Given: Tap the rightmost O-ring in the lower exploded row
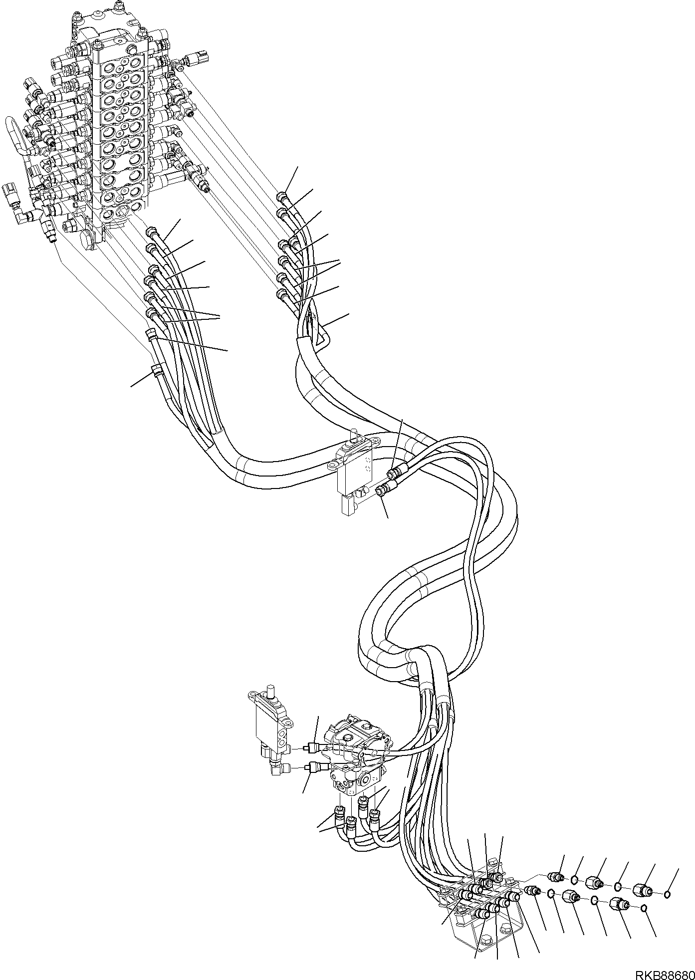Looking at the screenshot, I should pyautogui.click(x=644, y=908).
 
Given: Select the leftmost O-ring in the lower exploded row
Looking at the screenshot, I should pyautogui.click(x=550, y=892).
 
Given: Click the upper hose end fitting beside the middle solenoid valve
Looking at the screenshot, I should pyautogui.click(x=395, y=471).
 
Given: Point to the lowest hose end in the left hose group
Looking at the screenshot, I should pyautogui.click(x=156, y=370).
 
